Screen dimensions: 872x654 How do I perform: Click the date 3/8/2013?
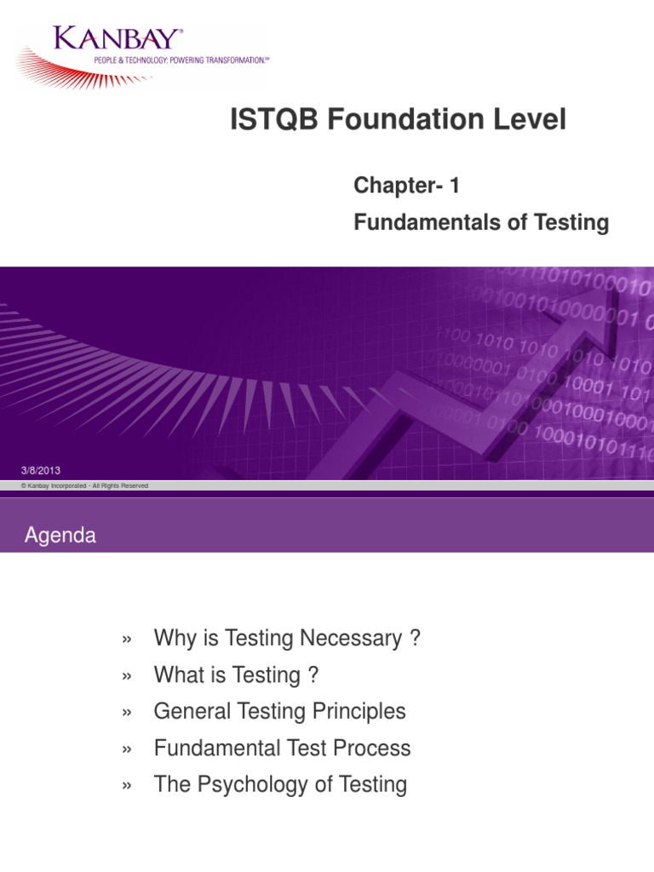(x=40, y=471)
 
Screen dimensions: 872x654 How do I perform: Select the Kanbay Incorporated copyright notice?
(x=84, y=485)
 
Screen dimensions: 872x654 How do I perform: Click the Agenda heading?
(x=60, y=536)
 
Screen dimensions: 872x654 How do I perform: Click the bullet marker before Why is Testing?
(x=128, y=640)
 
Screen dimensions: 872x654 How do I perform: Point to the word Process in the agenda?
(x=371, y=748)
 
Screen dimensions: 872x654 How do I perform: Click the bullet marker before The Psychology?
(x=128, y=785)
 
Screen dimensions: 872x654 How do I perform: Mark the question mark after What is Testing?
(x=313, y=675)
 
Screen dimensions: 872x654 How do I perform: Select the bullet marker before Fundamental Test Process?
(x=128, y=749)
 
